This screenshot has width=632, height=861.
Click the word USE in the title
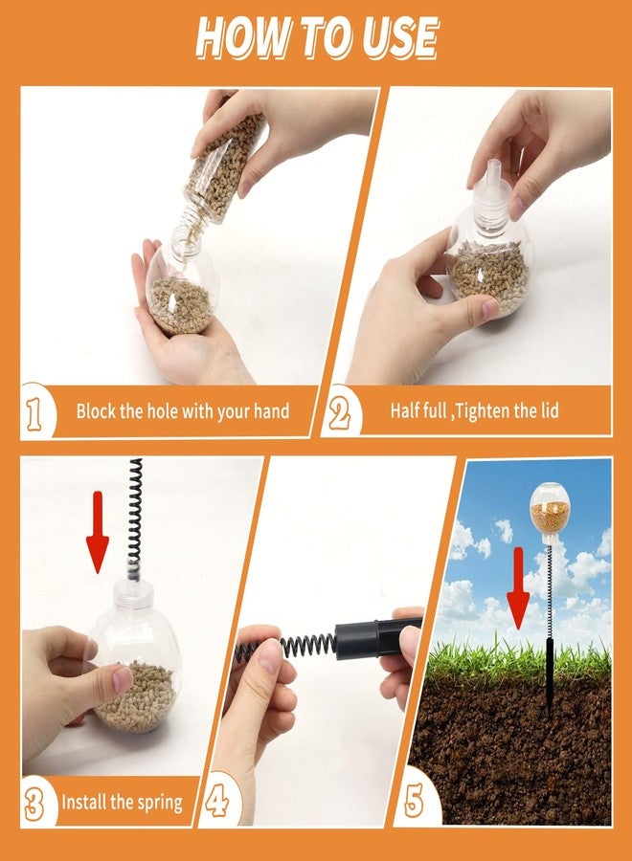point(398,37)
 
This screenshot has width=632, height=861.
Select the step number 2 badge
point(341,414)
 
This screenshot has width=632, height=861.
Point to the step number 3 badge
point(34,803)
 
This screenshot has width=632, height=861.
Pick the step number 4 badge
point(217,801)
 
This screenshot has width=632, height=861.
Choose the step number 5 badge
point(414,801)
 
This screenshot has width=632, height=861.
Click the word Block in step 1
point(94,410)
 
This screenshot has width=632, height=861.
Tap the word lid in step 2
point(549,410)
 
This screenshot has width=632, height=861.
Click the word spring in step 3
point(160,803)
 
